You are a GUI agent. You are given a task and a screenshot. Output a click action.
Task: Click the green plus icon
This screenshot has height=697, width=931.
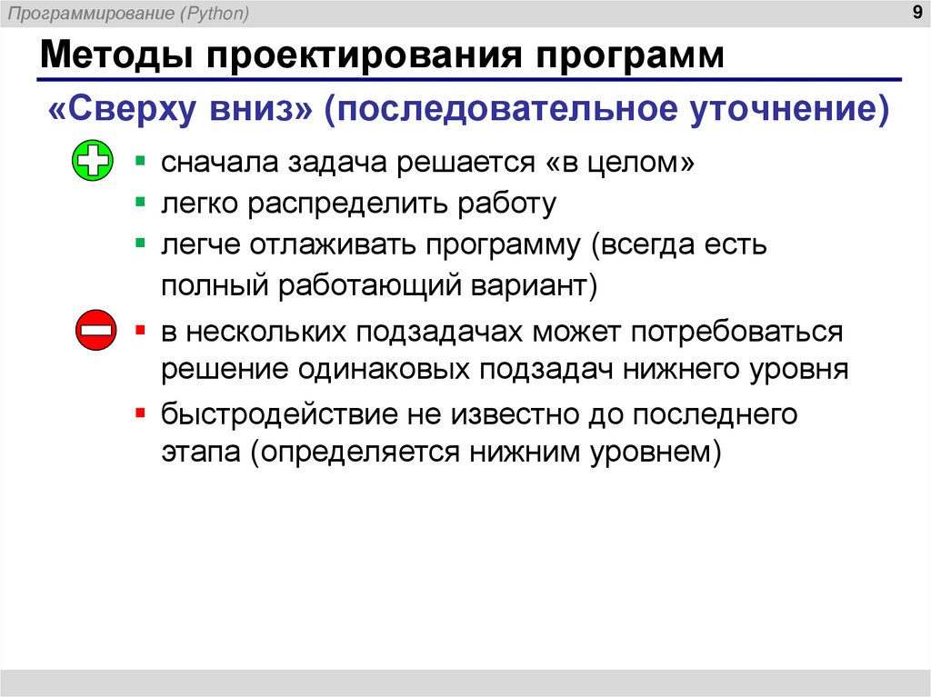point(93,164)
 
